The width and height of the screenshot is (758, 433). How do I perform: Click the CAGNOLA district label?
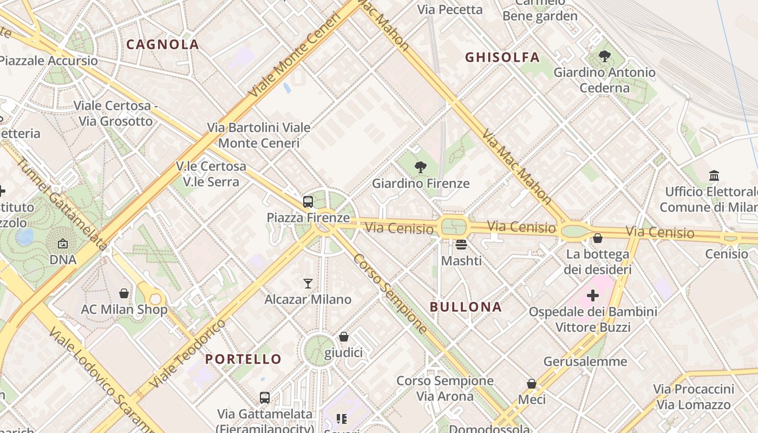click(x=162, y=44)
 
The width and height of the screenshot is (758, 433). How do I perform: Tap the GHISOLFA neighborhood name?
click(x=502, y=57)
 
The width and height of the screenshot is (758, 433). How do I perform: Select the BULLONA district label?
click(x=466, y=307)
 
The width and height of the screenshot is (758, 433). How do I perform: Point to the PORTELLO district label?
click(x=243, y=359)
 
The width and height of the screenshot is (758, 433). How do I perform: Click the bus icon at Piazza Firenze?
click(x=308, y=202)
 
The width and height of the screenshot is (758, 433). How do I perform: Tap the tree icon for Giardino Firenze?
click(x=420, y=167)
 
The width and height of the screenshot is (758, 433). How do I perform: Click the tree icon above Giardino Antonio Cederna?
click(x=604, y=56)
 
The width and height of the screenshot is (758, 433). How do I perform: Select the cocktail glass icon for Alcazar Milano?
click(x=308, y=283)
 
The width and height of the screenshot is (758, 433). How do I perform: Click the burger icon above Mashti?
click(x=461, y=245)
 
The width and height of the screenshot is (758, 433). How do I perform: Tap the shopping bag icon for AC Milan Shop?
click(x=124, y=293)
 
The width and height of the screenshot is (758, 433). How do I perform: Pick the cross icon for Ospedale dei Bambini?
click(x=593, y=296)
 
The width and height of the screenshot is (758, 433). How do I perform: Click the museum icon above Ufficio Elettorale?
click(x=714, y=176)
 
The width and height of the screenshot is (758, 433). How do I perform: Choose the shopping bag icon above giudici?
click(x=343, y=337)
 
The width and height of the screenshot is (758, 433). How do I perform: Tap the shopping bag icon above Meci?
click(x=532, y=383)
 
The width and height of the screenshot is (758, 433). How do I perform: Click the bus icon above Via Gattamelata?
click(x=265, y=398)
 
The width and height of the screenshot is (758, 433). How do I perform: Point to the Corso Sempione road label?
click(x=390, y=293)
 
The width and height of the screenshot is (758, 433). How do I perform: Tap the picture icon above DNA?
click(x=63, y=244)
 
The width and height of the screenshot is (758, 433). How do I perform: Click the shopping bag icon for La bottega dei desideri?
click(x=598, y=238)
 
